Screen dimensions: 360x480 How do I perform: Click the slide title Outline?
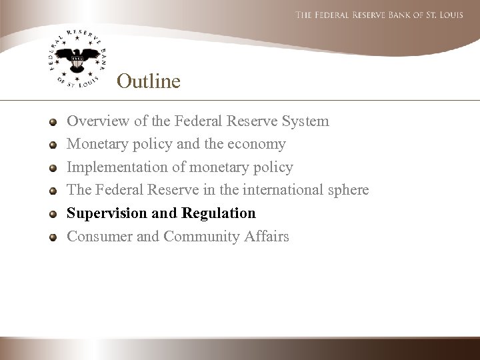[148, 81]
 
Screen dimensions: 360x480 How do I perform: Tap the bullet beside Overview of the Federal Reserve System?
[53, 122]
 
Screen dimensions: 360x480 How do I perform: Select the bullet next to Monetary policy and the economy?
[53, 145]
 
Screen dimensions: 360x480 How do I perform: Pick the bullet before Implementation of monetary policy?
[53, 167]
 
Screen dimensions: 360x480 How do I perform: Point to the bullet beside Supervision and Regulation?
[53, 213]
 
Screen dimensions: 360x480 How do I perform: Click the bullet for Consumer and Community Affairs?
[53, 236]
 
